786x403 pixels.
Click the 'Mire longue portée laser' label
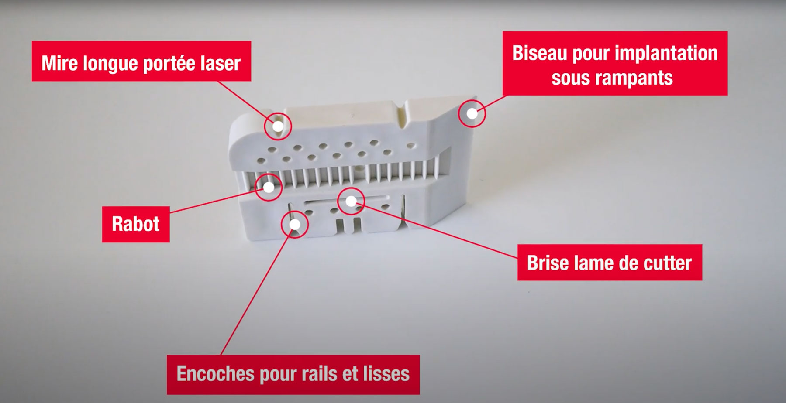click(x=141, y=61)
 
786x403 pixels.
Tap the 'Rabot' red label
click(x=136, y=224)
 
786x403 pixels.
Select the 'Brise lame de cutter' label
click(x=610, y=263)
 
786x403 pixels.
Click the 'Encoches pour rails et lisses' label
click(x=293, y=374)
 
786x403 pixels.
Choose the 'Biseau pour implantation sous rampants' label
click(x=615, y=64)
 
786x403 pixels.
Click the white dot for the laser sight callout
click(x=278, y=126)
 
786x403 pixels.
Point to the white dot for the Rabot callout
click(x=269, y=187)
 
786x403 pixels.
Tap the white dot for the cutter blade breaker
click(x=351, y=201)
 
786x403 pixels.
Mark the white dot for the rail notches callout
click(x=295, y=225)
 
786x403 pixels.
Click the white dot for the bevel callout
click(x=472, y=113)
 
